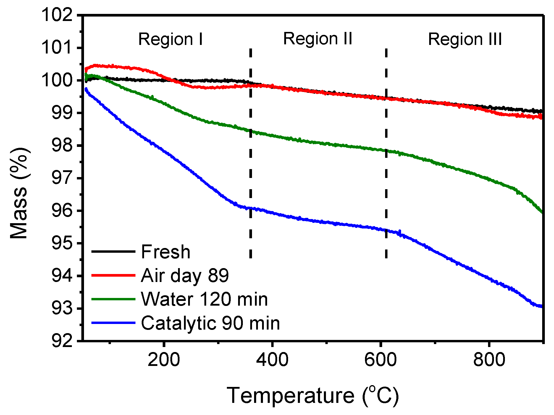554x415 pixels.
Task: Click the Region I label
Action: pyautogui.click(x=171, y=39)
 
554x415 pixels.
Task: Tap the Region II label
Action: pyautogui.click(x=318, y=39)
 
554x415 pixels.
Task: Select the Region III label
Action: pyautogui.click(x=465, y=39)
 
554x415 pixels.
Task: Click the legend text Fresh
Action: pyautogui.click(x=166, y=252)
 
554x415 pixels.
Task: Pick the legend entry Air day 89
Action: pyautogui.click(x=185, y=275)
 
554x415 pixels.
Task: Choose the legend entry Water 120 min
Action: pyautogui.click(x=204, y=299)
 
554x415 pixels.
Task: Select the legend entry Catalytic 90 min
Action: pyautogui.click(x=210, y=323)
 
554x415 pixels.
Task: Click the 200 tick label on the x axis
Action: pyautogui.click(x=164, y=360)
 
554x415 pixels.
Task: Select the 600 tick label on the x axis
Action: pyautogui.click(x=380, y=360)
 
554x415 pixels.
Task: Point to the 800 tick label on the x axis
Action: pyautogui.click(x=489, y=360)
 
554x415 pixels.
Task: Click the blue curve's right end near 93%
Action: pyautogui.click(x=541, y=307)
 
